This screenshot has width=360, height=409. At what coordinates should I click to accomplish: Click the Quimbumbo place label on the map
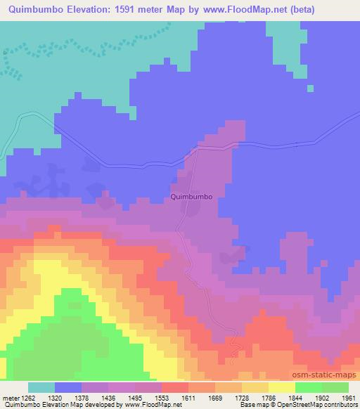[191, 197]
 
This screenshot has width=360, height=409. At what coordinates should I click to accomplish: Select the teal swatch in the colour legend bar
[41, 387]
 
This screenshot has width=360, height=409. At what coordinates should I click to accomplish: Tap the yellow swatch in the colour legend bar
[282, 387]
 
